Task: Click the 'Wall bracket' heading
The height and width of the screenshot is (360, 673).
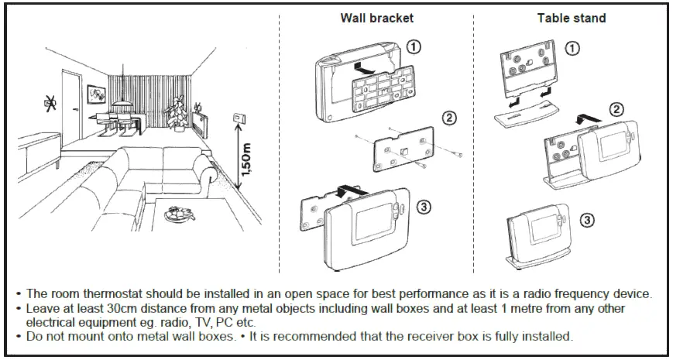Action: [377, 18]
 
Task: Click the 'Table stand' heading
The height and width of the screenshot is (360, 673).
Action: [572, 18]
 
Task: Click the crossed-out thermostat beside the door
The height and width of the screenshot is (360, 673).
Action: [50, 103]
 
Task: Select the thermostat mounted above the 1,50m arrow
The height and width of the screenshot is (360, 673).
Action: [239, 117]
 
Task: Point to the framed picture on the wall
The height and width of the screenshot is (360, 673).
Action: [96, 94]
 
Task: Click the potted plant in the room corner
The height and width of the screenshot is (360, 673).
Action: [177, 113]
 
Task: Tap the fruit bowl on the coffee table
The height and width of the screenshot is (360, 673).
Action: [180, 213]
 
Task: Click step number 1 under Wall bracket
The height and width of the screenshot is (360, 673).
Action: [414, 46]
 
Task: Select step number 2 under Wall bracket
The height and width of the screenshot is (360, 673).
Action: [449, 117]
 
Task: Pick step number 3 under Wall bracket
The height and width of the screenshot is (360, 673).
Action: [423, 207]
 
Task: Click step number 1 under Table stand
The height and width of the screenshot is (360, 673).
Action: [572, 49]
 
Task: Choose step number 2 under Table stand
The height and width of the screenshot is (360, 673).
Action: [616, 110]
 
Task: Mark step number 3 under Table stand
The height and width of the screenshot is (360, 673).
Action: [587, 221]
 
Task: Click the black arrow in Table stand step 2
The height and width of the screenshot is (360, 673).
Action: [589, 118]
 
